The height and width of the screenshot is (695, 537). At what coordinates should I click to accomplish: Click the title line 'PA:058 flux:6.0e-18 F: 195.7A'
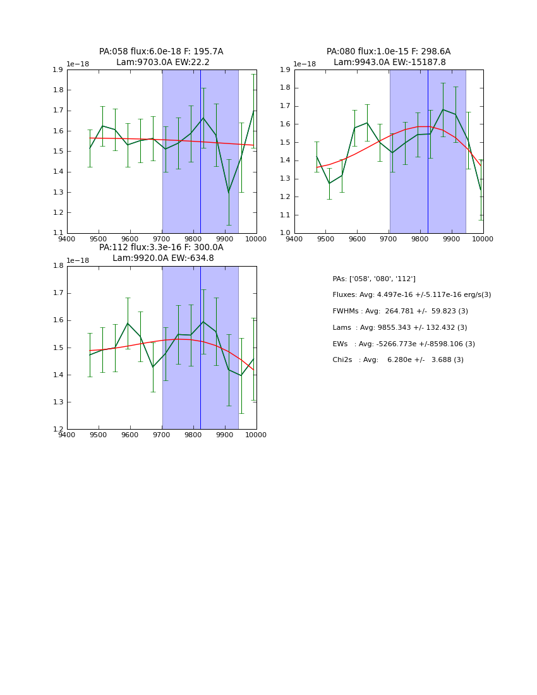tap(161, 52)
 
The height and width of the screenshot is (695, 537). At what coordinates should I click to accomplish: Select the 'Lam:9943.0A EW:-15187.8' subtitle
tap(389, 63)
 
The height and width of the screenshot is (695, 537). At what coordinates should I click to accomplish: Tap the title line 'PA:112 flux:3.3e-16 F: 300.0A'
tap(161, 248)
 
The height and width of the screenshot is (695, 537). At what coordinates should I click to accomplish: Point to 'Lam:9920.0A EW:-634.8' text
tap(163, 258)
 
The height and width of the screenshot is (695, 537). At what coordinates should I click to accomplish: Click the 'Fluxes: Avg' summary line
tap(411, 295)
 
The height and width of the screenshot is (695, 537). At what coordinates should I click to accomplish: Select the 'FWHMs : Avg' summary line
tap(400, 311)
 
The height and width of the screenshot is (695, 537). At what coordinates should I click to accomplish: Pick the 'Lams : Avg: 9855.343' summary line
tap(399, 328)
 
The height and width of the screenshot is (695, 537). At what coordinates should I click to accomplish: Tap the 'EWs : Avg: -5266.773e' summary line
tap(403, 344)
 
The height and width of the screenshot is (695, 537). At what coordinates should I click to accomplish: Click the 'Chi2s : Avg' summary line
tap(397, 360)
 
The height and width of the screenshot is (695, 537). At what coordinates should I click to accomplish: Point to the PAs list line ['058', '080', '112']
tap(373, 279)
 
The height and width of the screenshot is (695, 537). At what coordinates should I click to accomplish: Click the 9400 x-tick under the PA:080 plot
tap(294, 239)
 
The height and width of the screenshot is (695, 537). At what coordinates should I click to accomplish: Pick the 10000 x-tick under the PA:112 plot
tap(256, 435)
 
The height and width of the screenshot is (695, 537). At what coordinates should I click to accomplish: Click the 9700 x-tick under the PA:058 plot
tap(162, 239)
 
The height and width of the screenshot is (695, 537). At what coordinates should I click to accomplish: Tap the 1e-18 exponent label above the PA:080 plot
tap(305, 64)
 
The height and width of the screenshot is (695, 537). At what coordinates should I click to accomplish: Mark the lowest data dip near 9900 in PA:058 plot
tap(229, 192)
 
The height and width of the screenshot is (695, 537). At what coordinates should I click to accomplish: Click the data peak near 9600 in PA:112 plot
tap(128, 323)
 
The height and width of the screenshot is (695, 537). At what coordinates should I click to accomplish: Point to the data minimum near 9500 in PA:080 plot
tap(329, 183)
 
